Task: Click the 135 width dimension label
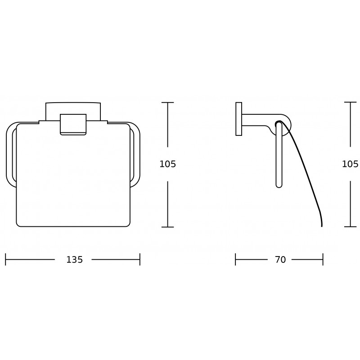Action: pos(75,260)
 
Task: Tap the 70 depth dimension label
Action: pos(280,260)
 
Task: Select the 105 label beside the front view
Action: pos(167,164)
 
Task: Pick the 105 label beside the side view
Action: pos(350,164)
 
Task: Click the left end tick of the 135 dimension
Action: pos(5,260)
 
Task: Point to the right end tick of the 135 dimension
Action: pos(140,260)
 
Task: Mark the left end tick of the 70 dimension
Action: pos(235,260)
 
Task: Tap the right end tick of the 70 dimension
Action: pos(323,260)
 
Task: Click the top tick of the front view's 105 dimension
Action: pos(167,103)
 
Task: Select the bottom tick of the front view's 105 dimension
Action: pos(167,227)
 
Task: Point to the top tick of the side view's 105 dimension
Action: pos(350,103)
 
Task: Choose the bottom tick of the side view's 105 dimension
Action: pos(350,227)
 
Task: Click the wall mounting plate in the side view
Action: pos(238,119)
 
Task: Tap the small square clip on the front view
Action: pos(73,124)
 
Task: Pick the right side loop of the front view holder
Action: pos(135,153)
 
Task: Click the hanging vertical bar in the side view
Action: pos(279,155)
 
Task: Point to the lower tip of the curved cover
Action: pos(321,225)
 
